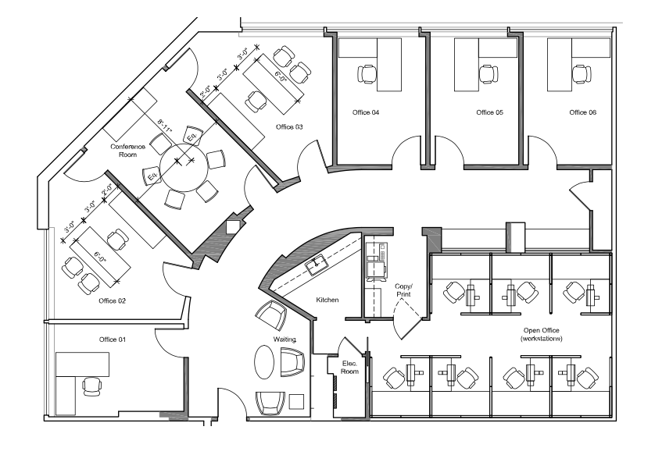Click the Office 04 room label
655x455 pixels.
click(x=365, y=113)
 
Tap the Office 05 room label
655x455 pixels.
click(x=489, y=113)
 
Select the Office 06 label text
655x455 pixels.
click(x=582, y=113)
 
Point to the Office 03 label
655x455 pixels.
click(x=288, y=126)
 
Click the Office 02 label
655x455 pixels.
click(x=112, y=300)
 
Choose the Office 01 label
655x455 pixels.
click(x=112, y=339)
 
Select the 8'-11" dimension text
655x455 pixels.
click(x=166, y=123)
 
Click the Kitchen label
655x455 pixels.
click(x=327, y=300)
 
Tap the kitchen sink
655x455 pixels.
click(x=317, y=265)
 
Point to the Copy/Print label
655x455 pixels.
click(x=403, y=291)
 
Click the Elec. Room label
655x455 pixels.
click(x=349, y=367)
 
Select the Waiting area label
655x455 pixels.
click(x=283, y=339)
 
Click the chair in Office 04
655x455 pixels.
click(x=367, y=74)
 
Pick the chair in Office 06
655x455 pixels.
click(x=580, y=74)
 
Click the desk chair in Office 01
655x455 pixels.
click(x=91, y=386)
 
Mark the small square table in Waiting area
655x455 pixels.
click(x=296, y=401)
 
